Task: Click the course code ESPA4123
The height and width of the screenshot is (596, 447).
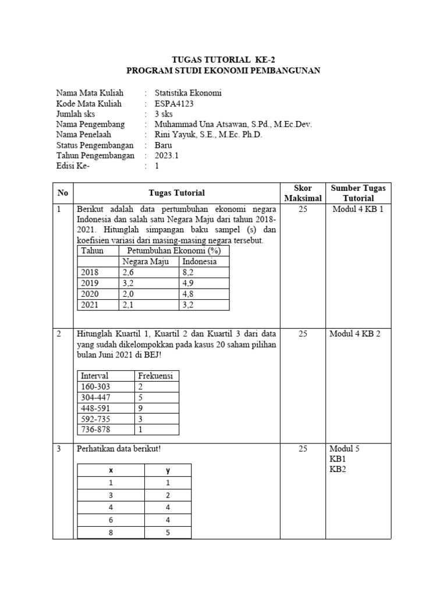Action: tap(174, 104)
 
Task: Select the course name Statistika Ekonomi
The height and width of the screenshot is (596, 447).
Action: tap(188, 93)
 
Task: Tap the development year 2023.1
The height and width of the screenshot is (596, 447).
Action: tap(167, 155)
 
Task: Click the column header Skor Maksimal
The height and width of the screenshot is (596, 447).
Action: tap(302, 193)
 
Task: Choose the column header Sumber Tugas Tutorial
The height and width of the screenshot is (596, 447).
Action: tap(358, 193)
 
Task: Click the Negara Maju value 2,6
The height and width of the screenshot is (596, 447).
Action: tap(128, 272)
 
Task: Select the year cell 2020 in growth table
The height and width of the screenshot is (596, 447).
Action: tap(90, 295)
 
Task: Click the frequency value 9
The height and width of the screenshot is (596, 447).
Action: tap(141, 408)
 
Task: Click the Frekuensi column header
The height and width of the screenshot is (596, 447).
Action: tap(155, 375)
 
